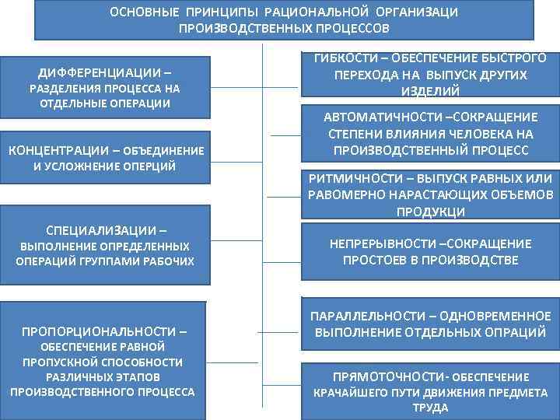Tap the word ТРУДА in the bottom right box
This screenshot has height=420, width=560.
point(429,408)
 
